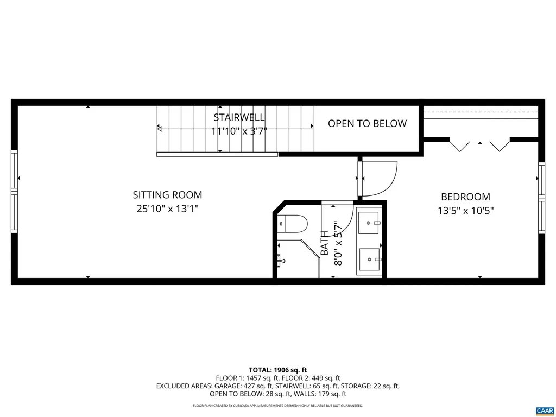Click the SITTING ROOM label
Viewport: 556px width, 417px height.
click(x=167, y=195)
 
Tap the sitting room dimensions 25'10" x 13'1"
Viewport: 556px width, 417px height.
click(x=167, y=208)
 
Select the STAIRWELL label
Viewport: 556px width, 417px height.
click(x=239, y=117)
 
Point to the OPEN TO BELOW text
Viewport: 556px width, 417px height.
click(x=367, y=124)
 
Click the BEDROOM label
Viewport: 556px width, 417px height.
click(x=465, y=197)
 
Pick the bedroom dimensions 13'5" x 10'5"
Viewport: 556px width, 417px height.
click(x=465, y=211)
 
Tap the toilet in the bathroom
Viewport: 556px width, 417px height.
click(x=292, y=223)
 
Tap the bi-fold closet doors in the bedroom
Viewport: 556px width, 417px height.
click(x=479, y=146)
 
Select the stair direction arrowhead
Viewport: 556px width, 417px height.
click(x=160, y=129)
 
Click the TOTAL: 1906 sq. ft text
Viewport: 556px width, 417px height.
click(x=278, y=370)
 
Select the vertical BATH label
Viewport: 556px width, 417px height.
click(x=325, y=244)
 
